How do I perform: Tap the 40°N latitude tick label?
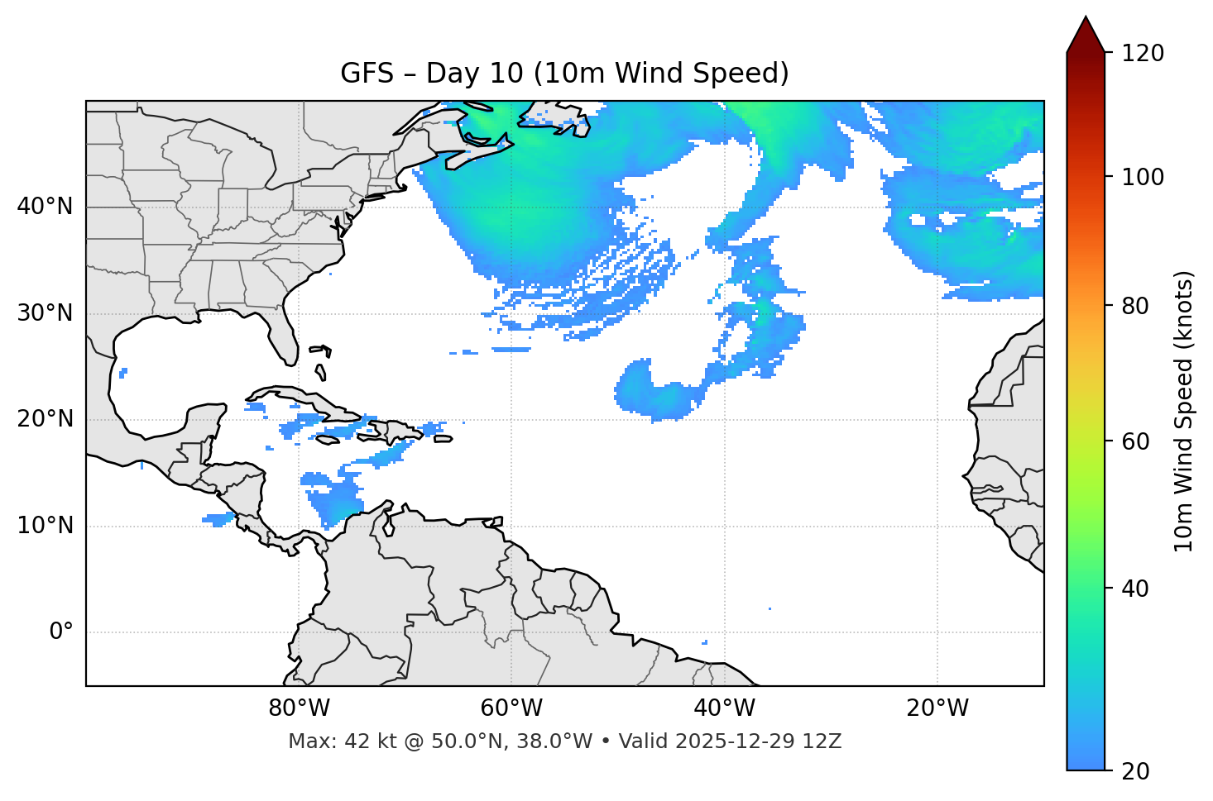click(45, 207)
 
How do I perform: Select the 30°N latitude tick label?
click(45, 313)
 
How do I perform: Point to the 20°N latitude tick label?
click(45, 419)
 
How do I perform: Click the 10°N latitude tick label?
click(45, 526)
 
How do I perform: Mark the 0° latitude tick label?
click(61, 632)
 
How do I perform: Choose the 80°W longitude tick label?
click(299, 708)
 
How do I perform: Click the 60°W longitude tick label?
click(511, 708)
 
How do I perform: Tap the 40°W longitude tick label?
click(724, 708)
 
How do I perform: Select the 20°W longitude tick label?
click(937, 708)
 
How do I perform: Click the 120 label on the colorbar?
click(1143, 54)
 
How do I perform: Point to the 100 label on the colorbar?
click(1143, 177)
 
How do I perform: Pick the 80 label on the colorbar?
click(1135, 306)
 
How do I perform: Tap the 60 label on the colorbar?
click(1135, 441)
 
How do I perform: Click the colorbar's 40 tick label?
click(1135, 589)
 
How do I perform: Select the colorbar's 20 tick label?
click(1135, 771)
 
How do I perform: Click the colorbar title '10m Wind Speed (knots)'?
click(1184, 411)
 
